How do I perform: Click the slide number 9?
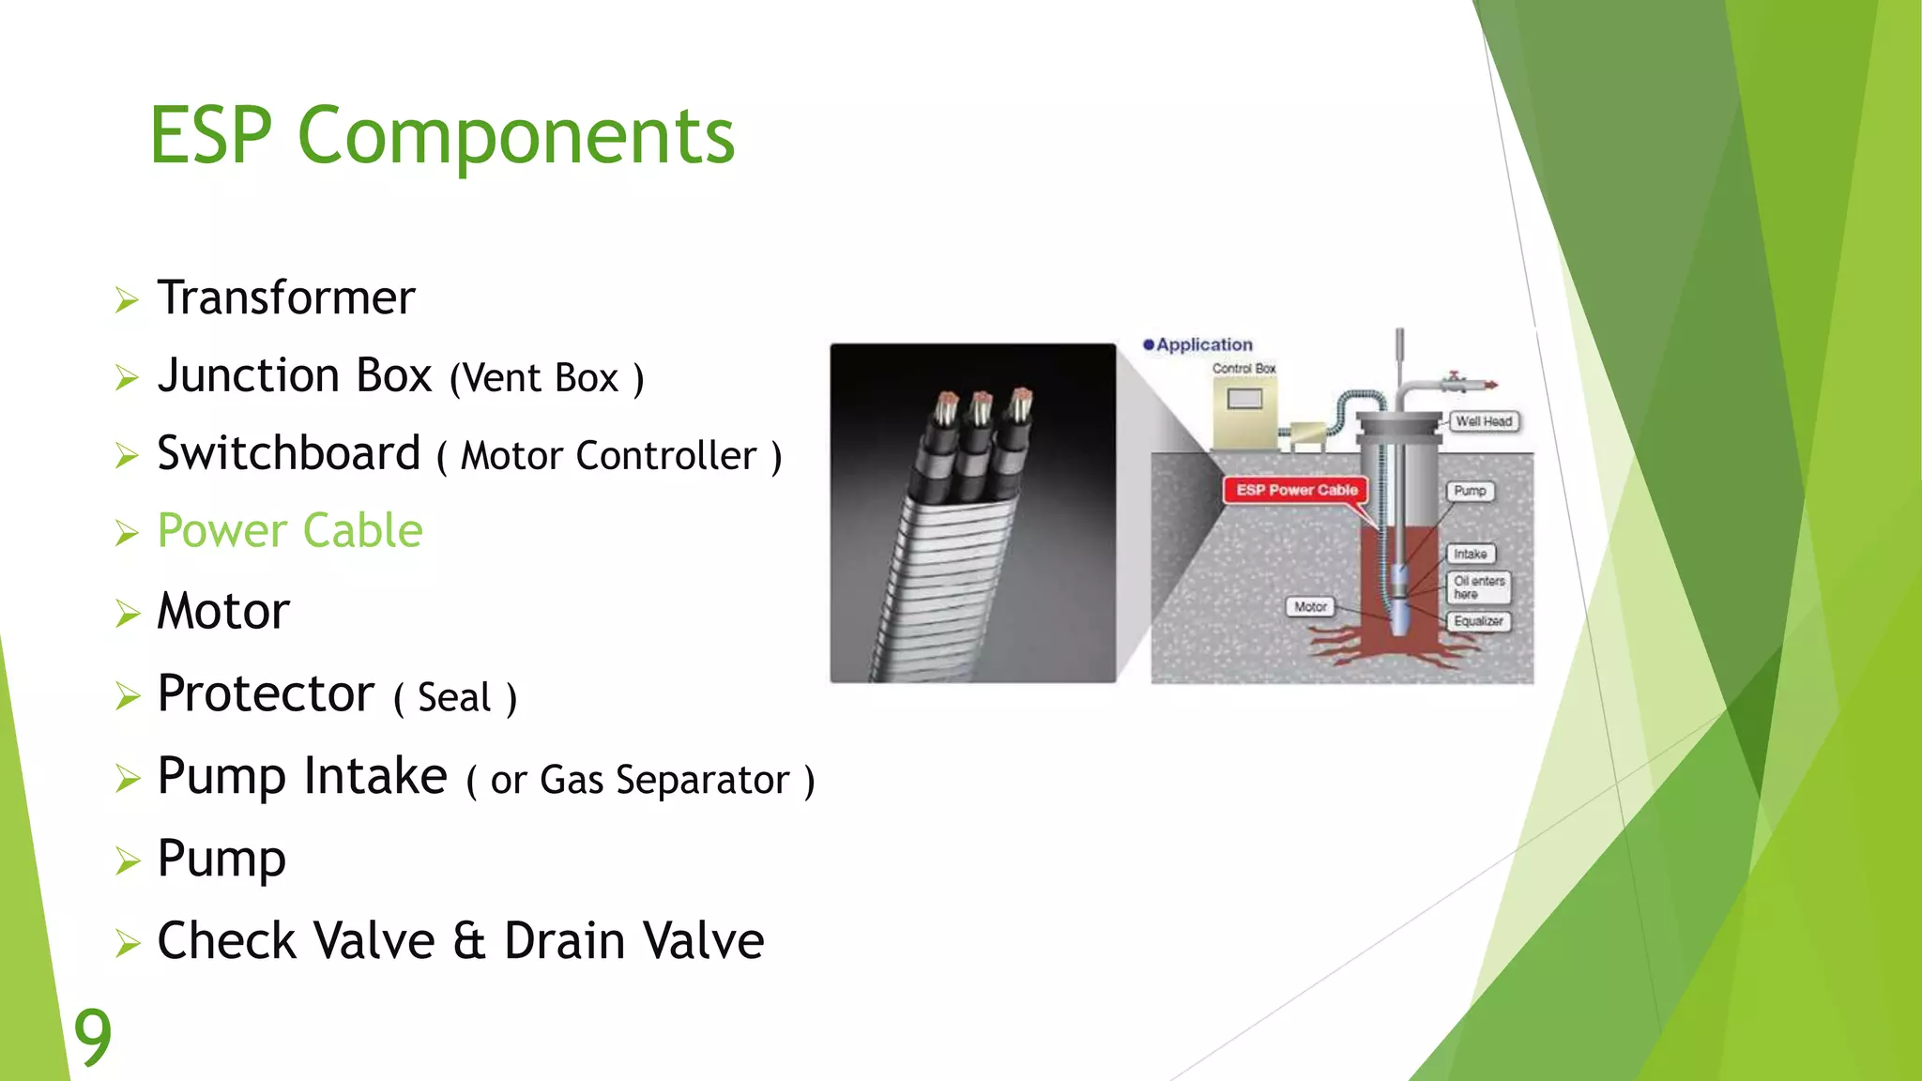[x=92, y=1036]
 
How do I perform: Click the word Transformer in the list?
[x=285, y=298]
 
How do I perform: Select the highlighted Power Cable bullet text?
[x=289, y=531]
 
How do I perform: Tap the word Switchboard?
[x=288, y=454]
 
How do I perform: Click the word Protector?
[x=266, y=694]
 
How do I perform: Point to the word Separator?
[x=702, y=781]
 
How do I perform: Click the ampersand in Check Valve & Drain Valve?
[x=468, y=941]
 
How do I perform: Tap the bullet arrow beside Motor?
[x=127, y=614]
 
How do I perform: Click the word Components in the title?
[x=515, y=137]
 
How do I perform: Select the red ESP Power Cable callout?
[x=1296, y=490]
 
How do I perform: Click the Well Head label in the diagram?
[x=1483, y=421]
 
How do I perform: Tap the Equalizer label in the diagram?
[x=1478, y=621]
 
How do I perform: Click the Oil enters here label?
[x=1478, y=587]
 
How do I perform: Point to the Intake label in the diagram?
[x=1470, y=555]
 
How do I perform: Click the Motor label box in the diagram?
[x=1310, y=607]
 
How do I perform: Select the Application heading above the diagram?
[x=1203, y=344]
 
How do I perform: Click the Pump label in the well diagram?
[x=1470, y=491]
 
